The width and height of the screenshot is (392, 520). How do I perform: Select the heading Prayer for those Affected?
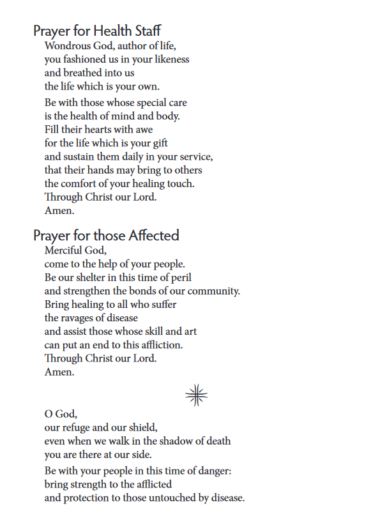106,235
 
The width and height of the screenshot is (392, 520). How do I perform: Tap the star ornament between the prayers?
197,396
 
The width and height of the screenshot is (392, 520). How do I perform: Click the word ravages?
82,317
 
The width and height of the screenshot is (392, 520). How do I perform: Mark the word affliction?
160,345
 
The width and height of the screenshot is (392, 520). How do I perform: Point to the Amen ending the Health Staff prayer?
59,211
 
